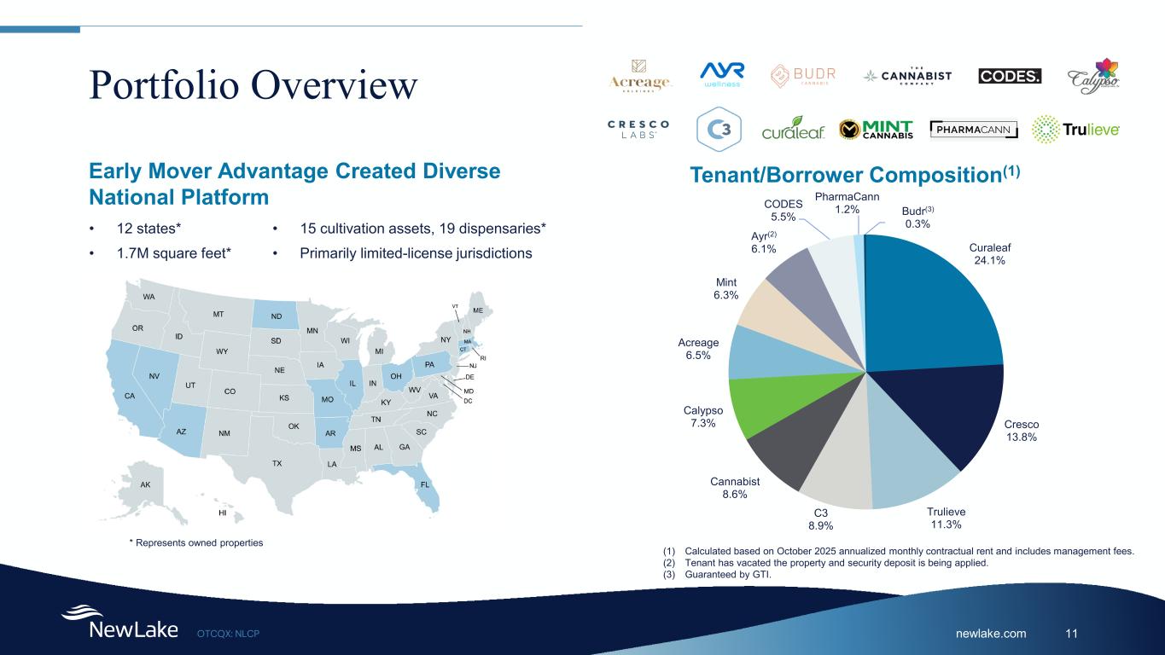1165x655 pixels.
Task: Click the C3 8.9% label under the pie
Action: click(x=820, y=519)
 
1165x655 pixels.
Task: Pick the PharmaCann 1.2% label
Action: click(x=847, y=203)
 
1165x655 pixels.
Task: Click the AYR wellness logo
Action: click(x=722, y=75)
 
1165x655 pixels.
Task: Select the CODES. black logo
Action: click(x=1010, y=76)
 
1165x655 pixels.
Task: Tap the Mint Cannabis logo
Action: click(x=876, y=130)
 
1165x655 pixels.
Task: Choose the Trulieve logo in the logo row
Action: click(x=1075, y=130)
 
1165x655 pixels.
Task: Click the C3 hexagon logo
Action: click(x=719, y=130)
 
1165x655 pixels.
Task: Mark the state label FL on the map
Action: click(x=425, y=484)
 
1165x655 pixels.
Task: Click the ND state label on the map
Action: click(x=277, y=315)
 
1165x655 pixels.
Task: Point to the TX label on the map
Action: click(x=277, y=463)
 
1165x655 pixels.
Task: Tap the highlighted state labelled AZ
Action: click(x=181, y=432)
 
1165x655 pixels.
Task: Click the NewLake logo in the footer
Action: click(x=119, y=623)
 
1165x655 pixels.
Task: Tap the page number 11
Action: click(x=1073, y=634)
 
